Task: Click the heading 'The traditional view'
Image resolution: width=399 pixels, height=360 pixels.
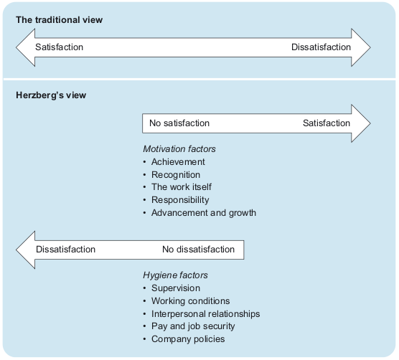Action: (60, 19)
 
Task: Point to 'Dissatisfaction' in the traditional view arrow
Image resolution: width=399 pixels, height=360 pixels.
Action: (321, 47)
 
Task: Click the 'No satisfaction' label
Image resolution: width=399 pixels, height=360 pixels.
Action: (179, 123)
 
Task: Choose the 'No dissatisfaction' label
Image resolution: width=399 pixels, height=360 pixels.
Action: (198, 250)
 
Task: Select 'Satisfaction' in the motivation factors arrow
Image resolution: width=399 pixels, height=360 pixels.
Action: (327, 123)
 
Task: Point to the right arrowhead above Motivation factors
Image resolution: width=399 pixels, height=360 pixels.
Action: (360, 123)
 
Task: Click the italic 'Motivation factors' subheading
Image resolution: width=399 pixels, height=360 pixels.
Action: (179, 149)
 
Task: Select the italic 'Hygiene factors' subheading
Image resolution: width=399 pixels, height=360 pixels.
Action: (174, 275)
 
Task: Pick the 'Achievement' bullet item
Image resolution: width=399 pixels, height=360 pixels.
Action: (177, 162)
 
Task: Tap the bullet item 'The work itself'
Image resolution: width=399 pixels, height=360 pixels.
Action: (182, 187)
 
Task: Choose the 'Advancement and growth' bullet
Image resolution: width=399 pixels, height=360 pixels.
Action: (203, 212)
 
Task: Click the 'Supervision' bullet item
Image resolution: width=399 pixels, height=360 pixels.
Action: (175, 288)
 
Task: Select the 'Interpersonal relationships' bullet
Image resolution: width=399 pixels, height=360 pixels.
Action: (205, 313)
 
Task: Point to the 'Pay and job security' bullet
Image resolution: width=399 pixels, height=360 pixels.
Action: (192, 326)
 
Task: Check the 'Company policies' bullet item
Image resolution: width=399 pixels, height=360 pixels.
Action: (187, 338)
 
